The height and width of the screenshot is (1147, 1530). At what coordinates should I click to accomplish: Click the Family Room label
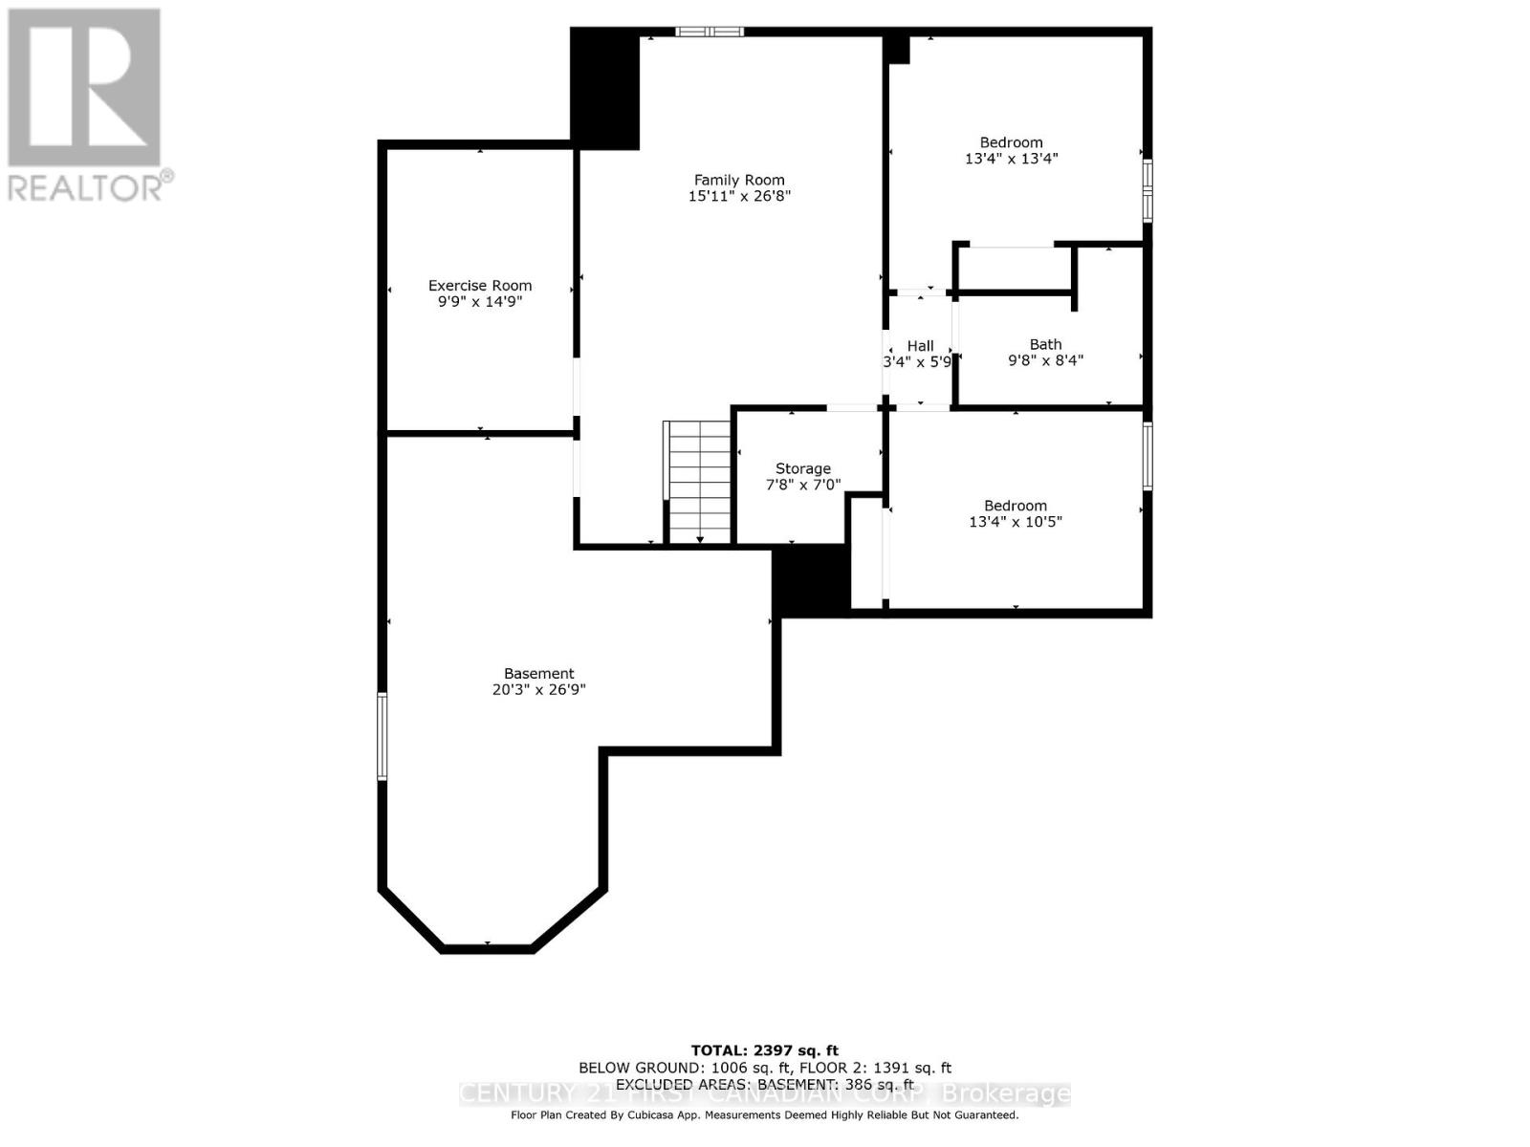[x=739, y=180]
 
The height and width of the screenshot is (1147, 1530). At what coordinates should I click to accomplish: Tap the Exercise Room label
[x=480, y=285]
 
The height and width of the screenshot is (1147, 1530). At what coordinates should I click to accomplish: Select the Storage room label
[x=802, y=468]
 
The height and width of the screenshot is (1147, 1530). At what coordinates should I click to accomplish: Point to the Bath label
[x=1045, y=344]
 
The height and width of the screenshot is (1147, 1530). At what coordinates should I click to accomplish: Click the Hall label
[x=920, y=346]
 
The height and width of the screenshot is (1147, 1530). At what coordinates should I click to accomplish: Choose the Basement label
[x=539, y=673]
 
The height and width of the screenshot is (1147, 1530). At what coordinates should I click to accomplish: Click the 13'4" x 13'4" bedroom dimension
[x=1011, y=159]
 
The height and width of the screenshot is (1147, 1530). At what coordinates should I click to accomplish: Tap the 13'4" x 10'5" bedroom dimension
[x=1016, y=522]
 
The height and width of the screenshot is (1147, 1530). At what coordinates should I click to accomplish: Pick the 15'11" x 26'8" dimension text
[x=739, y=196]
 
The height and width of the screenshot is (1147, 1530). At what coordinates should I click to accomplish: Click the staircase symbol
[x=699, y=483]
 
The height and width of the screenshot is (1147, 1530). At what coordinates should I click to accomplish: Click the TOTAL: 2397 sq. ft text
[x=764, y=1050]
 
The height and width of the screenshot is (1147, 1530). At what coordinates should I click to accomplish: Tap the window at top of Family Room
[x=710, y=32]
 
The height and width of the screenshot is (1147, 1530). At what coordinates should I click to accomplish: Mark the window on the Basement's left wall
[x=382, y=737]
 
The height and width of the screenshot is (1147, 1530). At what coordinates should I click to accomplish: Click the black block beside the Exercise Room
[x=605, y=88]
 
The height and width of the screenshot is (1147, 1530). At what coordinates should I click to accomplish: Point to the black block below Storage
[x=811, y=580]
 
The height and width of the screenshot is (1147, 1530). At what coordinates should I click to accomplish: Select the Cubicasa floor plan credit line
[x=764, y=1115]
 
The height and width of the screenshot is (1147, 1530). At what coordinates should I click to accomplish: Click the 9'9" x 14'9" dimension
[x=480, y=302]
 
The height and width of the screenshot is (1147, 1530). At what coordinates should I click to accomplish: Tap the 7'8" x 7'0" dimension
[x=802, y=485]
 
